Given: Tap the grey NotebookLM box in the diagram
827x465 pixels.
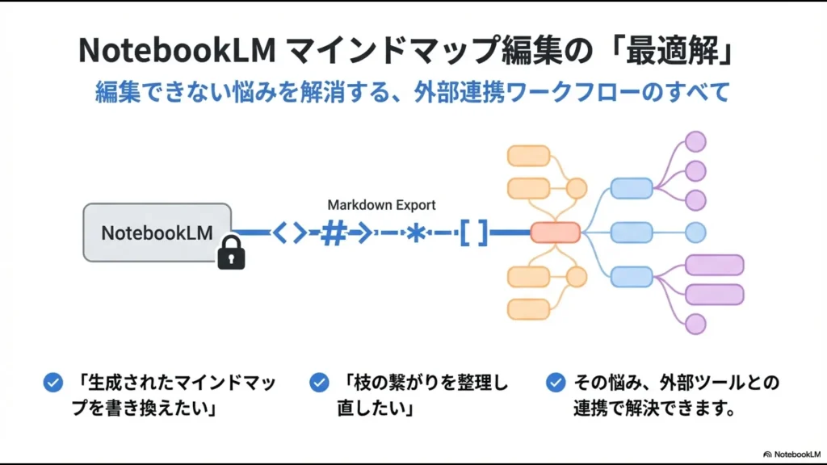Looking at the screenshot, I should [157, 232].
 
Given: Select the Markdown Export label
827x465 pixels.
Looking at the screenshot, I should [381, 205].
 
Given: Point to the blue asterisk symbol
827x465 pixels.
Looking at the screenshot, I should [416, 233].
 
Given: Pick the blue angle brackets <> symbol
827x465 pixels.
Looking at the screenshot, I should [289, 233].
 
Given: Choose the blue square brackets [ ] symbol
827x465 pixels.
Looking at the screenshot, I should [474, 233].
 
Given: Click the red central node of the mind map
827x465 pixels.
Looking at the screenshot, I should [555, 232].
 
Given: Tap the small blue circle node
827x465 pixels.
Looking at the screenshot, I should [695, 232].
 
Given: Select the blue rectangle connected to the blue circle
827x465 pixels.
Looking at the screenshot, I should [631, 232].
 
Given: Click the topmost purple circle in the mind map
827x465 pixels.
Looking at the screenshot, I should [695, 142].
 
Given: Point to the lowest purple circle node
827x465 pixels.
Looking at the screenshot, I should [695, 324].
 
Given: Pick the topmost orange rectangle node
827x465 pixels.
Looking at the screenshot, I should [528, 156].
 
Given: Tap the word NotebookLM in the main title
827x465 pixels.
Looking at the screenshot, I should [170, 50].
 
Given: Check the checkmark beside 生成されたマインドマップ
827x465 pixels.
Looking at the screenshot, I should [53, 383].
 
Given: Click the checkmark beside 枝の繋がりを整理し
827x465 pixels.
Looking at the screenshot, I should [319, 383].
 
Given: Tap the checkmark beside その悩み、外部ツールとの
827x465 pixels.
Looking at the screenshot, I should [555, 383].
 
